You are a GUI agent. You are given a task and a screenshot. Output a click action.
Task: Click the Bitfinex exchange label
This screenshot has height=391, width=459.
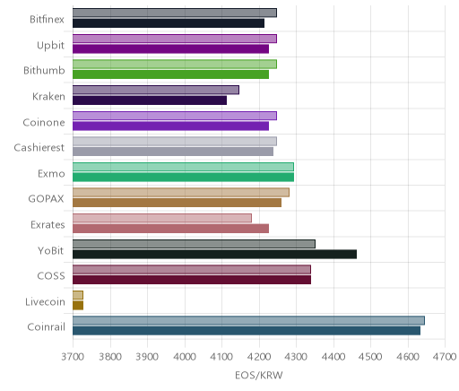point(47,20)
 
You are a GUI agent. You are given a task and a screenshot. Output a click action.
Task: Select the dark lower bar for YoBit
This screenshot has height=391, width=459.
point(214,255)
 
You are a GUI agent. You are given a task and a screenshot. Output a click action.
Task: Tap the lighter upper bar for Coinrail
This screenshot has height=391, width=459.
point(248,320)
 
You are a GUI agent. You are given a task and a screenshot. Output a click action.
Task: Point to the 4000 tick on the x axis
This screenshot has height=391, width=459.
point(185,357)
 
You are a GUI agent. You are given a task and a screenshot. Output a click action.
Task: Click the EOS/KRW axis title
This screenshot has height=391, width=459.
point(259,375)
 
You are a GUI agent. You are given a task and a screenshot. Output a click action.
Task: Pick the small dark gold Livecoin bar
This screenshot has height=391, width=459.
point(78,306)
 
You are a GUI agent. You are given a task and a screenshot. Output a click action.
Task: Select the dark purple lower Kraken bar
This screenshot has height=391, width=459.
point(150,100)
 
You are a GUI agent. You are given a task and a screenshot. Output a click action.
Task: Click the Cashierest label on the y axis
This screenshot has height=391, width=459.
point(39,148)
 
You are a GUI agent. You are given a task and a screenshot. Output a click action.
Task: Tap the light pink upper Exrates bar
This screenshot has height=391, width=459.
point(162,218)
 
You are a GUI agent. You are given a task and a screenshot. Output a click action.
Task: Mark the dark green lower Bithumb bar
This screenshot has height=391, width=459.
point(170,74)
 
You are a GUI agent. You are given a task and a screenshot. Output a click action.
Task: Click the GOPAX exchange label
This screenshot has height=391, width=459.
point(46,199)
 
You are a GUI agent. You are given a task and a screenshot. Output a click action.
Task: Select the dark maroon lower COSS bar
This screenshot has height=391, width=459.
point(192,280)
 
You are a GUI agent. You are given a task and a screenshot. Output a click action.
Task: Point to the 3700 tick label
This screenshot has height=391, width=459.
point(73,357)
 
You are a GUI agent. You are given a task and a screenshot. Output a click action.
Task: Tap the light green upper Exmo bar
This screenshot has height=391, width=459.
point(183,167)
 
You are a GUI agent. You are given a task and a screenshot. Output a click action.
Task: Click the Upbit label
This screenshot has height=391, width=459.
point(50,46)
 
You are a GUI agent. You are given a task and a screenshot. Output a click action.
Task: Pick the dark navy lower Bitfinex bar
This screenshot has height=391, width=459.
point(169,23)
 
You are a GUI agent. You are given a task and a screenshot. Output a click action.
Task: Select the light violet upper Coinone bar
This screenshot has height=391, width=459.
point(175,116)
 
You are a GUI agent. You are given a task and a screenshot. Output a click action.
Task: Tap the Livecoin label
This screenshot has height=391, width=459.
point(45,302)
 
